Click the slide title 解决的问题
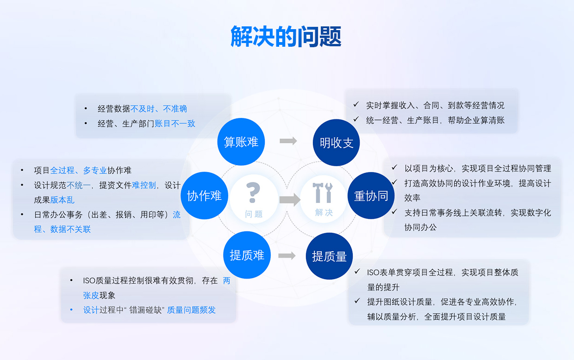click(286, 37)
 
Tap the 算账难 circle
click(241, 142)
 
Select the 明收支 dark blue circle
click(336, 143)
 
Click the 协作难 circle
click(204, 196)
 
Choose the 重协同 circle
click(371, 196)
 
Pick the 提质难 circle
click(247, 255)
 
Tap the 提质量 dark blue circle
click(329, 256)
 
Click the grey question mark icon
click(253, 192)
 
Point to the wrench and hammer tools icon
click(323, 192)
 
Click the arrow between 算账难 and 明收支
click(288, 141)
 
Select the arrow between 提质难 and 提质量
click(287, 255)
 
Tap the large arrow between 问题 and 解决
click(290, 199)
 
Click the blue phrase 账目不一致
click(175, 124)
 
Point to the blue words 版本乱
click(62, 200)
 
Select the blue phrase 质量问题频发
click(191, 310)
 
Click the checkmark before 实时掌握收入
click(356, 104)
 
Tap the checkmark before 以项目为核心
click(394, 168)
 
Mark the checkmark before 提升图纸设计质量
click(357, 301)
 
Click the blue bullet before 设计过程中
click(71, 310)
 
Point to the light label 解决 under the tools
click(324, 212)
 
